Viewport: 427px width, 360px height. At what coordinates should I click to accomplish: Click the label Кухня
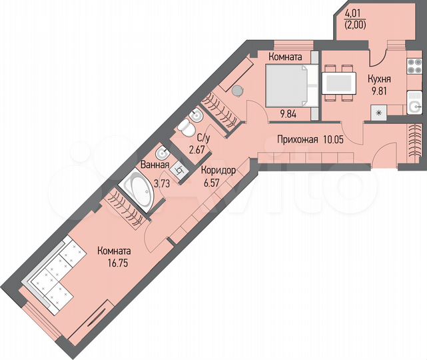[x=378, y=78]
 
